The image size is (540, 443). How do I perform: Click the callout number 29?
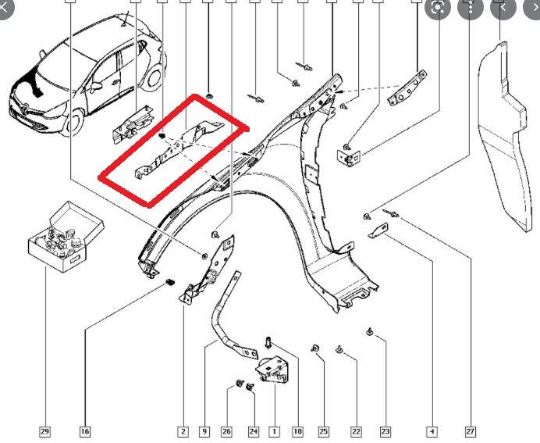44,430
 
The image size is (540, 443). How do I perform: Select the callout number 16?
84,430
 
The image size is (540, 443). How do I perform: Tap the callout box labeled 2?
183,430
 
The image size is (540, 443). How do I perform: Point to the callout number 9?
204,430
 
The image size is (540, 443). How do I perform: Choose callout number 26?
227,430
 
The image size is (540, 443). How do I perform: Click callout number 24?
253,430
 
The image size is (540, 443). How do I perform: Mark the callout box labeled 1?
274,430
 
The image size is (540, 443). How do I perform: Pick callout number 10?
297,430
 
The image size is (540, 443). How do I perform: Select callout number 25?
323,430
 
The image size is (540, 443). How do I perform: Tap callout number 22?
356,430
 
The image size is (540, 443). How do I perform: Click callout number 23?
385,430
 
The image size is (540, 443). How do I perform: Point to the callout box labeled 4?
432,430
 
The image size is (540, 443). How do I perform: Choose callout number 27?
470,430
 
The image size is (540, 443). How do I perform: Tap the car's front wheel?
76,120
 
